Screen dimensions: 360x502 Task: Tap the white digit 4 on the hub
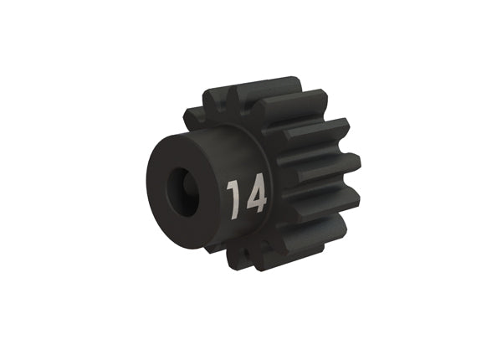254,195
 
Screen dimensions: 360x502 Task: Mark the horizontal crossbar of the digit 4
254,202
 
